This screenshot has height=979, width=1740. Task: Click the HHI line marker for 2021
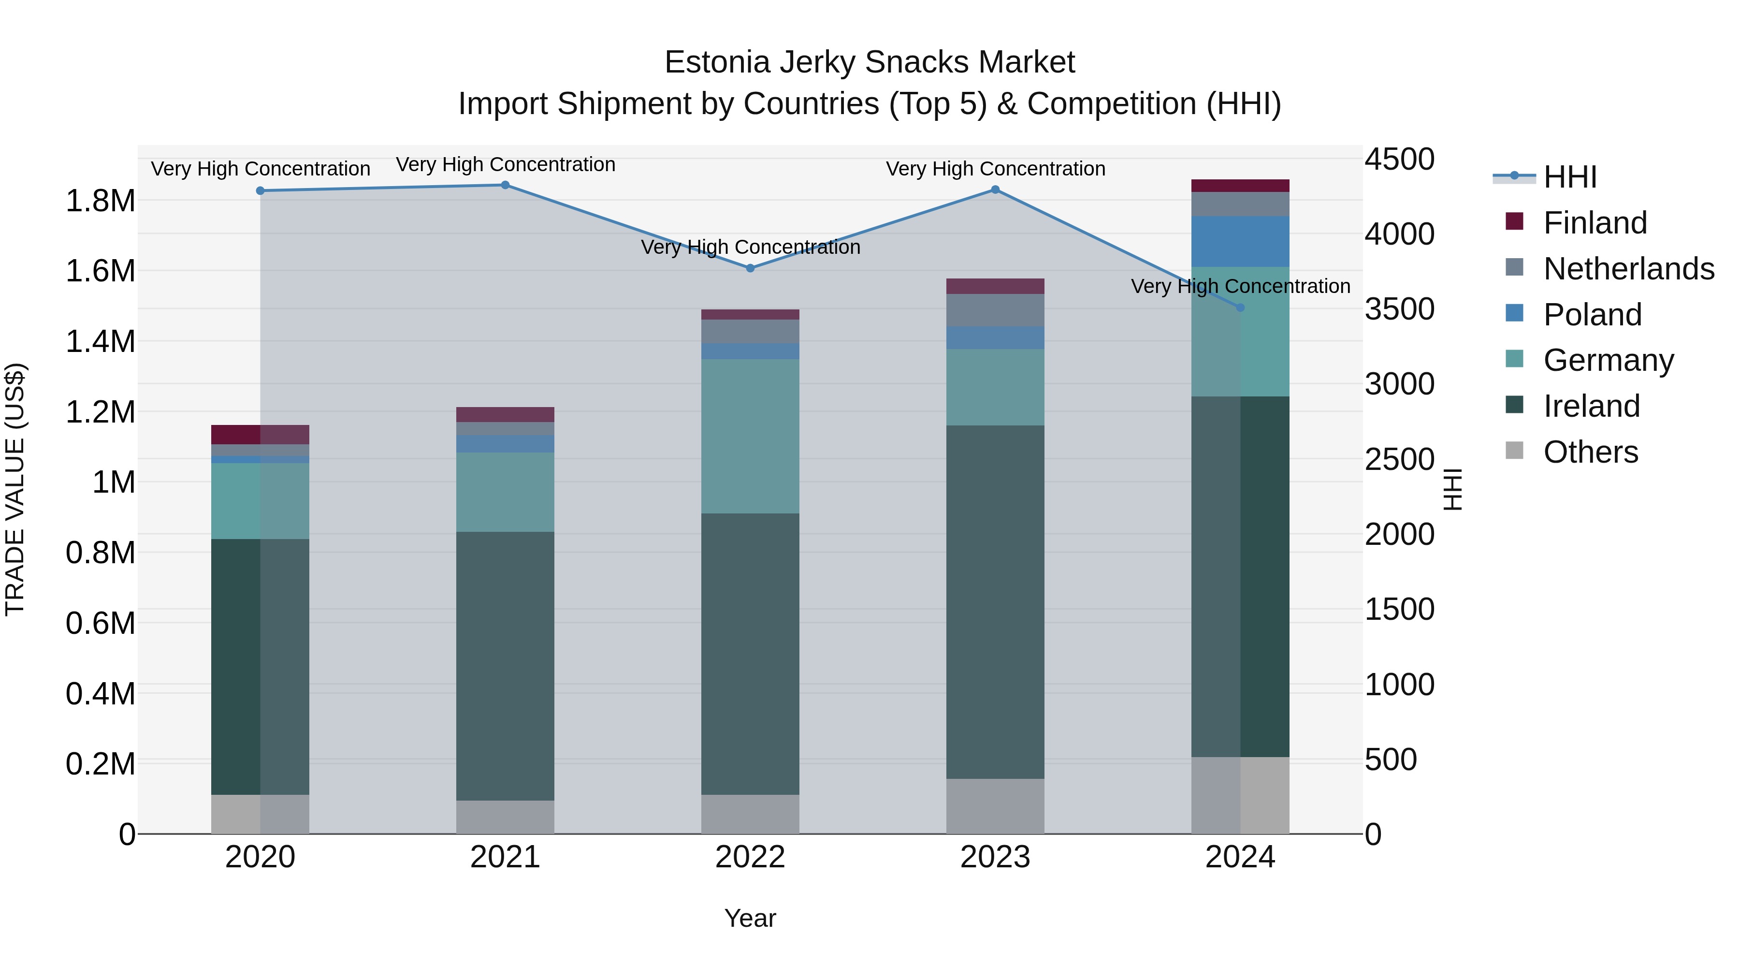point(505,185)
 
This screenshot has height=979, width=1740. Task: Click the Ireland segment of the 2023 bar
point(995,601)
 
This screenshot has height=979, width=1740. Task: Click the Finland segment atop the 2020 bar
point(260,435)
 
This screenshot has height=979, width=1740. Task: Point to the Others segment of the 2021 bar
point(505,817)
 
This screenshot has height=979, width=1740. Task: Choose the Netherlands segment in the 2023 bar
point(995,310)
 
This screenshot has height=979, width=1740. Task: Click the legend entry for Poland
point(1592,315)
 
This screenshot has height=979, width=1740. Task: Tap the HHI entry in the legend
point(1569,177)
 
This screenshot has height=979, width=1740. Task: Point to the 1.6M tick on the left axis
point(100,271)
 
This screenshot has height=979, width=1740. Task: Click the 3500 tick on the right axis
point(1399,309)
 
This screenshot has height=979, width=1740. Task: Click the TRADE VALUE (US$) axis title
point(15,489)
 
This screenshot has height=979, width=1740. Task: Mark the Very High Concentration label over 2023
point(995,169)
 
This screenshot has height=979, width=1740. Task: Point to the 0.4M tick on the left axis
point(100,694)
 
